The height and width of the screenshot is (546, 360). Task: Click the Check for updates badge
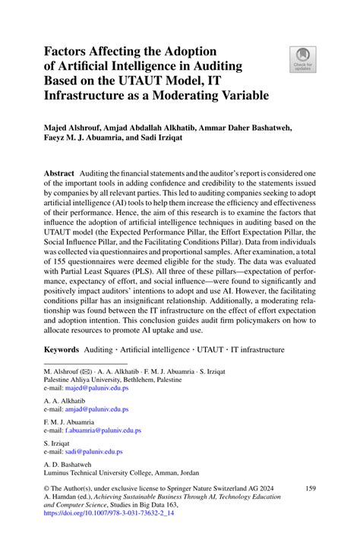coord(302,57)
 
